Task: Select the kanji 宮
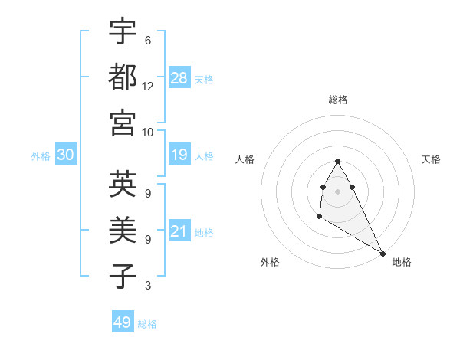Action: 123,123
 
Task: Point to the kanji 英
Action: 123,185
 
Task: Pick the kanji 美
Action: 123,230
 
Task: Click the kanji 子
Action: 123,277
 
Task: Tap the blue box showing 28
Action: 179,78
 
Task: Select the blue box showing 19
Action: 179,155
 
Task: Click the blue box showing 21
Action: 179,231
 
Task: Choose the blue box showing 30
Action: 65,155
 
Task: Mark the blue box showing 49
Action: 123,322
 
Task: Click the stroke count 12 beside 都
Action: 148,87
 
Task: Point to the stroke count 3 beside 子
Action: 148,286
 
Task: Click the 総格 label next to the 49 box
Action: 147,324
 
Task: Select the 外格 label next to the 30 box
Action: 41,156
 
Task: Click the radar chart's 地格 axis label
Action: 402,262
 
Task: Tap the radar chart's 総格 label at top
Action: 338,100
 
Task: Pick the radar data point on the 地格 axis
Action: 383,253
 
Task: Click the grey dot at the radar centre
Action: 337,191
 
